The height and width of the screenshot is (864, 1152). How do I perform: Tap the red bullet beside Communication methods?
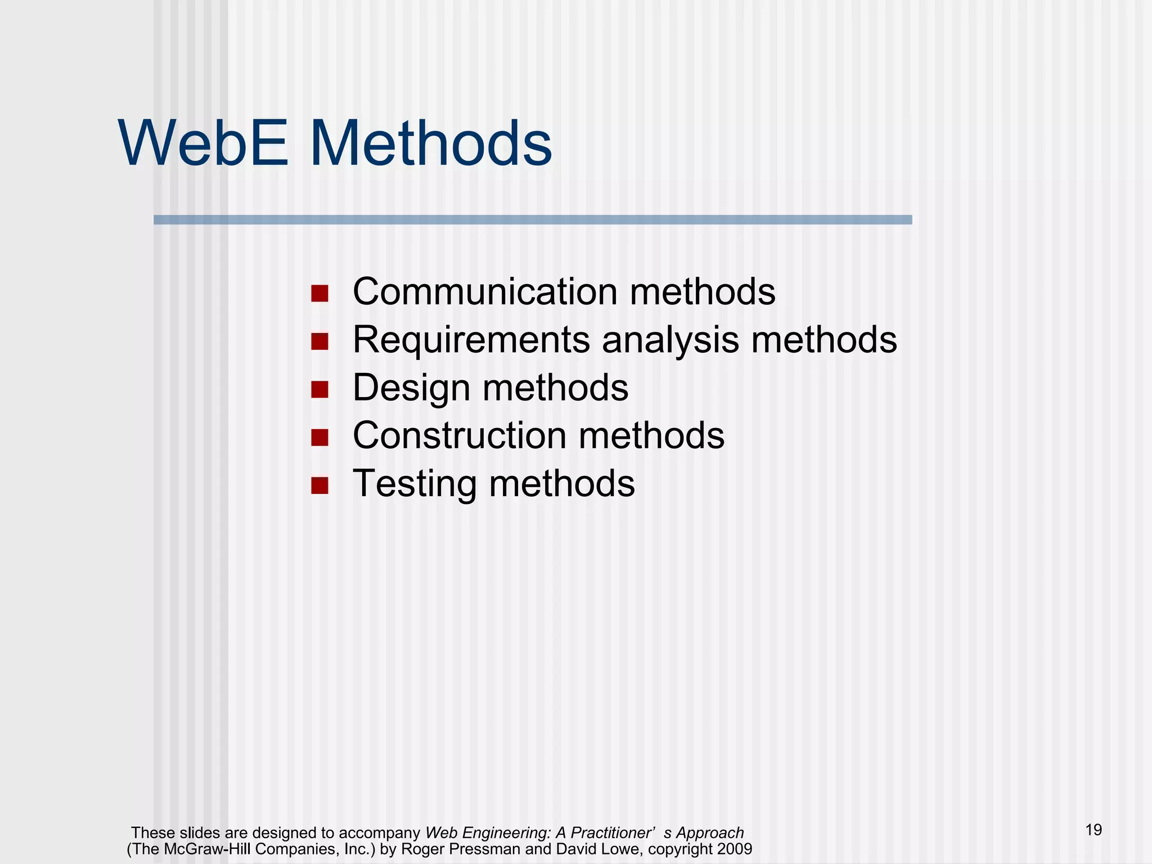tap(319, 293)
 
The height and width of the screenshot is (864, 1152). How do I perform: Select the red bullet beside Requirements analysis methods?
tap(319, 341)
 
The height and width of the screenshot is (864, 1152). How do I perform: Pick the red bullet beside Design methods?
tap(319, 389)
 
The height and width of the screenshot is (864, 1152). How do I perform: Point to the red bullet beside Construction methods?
tap(319, 437)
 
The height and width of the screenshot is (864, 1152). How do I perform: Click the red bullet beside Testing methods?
tap(319, 485)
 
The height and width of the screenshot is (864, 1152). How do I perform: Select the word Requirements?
tap(471, 340)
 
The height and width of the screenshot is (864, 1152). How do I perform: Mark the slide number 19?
tap(1093, 830)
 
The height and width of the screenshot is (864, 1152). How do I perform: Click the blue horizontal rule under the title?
tap(533, 220)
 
